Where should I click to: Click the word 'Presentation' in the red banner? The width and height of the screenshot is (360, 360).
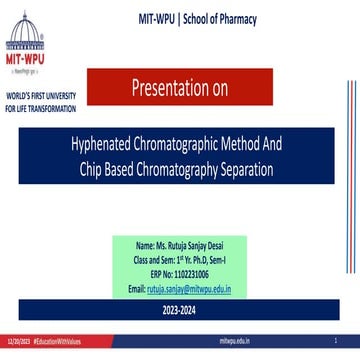(175, 92)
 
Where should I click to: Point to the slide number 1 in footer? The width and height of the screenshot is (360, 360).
(349, 341)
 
